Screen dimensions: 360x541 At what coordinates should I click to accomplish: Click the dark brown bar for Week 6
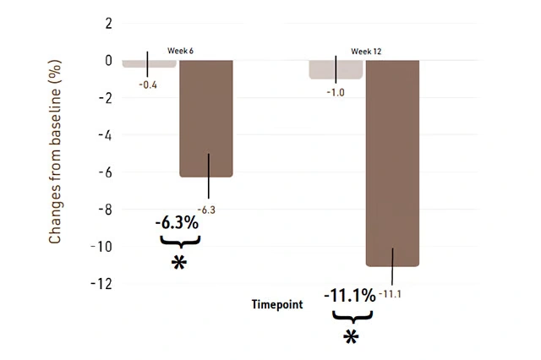(205, 118)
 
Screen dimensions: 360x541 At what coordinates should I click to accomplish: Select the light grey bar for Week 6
(149, 63)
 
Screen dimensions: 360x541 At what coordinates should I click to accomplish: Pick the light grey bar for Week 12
(336, 69)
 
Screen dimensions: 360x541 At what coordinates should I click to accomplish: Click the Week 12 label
(366, 52)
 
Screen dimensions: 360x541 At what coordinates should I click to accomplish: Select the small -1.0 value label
(336, 92)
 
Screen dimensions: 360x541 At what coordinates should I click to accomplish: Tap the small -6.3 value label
(206, 209)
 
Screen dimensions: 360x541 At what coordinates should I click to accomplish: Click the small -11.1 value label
(393, 294)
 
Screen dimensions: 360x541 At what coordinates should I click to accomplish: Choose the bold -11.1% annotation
(349, 296)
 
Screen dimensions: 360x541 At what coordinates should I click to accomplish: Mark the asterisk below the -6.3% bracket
(178, 264)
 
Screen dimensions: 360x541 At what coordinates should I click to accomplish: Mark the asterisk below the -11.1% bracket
(351, 337)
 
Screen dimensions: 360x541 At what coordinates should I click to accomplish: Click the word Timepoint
(276, 304)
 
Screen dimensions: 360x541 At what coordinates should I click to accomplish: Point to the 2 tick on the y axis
(108, 23)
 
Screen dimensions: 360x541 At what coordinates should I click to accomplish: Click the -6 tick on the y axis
(105, 172)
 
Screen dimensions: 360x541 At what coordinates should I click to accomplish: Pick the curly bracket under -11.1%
(351, 316)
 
